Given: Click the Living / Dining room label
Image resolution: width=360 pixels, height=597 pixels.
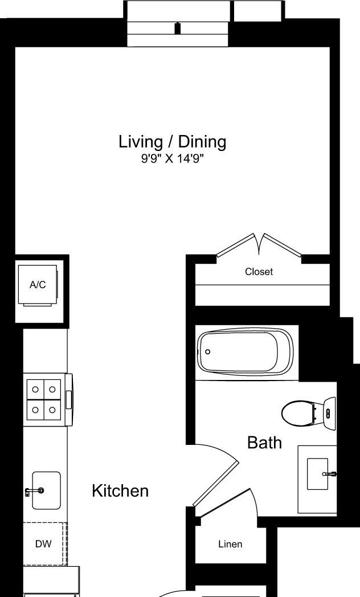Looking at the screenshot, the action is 173,142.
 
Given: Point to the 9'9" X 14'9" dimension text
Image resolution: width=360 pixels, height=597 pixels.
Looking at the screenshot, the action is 173,158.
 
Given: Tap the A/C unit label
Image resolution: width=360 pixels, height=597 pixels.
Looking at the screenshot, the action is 38,284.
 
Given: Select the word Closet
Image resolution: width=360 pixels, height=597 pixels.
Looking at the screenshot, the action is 259,272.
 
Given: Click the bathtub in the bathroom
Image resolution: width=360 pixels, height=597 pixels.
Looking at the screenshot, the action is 246,351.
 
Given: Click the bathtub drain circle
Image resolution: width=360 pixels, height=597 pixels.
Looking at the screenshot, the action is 208,352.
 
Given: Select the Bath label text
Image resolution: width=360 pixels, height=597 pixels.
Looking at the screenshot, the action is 264,443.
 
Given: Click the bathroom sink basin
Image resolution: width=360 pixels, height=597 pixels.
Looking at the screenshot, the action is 317,474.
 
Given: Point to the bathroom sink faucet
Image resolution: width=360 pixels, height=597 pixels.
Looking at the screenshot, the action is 330,474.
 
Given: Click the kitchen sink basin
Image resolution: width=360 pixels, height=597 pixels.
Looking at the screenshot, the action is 47,490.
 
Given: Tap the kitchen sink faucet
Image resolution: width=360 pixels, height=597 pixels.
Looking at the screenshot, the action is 34,491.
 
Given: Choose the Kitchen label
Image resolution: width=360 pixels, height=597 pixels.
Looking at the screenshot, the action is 120,491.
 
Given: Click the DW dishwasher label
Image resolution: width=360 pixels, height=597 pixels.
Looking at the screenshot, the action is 43,544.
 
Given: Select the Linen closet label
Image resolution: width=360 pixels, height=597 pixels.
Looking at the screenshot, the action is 230,545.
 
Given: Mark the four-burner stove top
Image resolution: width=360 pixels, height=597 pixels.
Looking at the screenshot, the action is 44,400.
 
